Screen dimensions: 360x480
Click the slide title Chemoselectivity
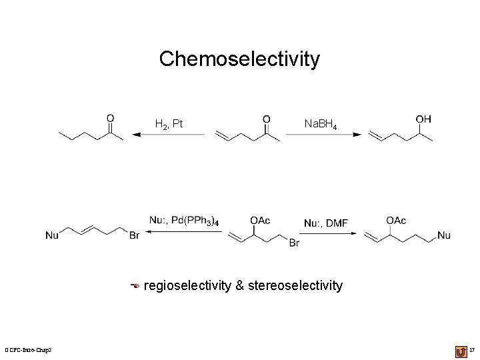[239, 59]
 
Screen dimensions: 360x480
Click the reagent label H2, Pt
[169, 123]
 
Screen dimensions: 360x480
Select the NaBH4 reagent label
[324, 123]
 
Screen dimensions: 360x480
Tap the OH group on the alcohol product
[423, 119]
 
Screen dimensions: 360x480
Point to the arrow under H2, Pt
[169, 135]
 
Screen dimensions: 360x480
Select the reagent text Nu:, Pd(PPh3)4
[184, 220]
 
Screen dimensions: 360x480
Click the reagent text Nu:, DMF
[326, 223]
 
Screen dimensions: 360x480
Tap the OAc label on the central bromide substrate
[260, 220]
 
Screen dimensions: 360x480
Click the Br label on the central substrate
[295, 244]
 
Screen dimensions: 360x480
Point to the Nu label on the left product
[52, 235]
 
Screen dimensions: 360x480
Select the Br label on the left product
[133, 235]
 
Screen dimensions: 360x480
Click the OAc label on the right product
[396, 220]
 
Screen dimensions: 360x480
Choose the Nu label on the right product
[444, 235]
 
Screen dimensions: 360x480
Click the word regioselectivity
[186, 286]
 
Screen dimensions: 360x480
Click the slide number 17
[472, 350]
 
